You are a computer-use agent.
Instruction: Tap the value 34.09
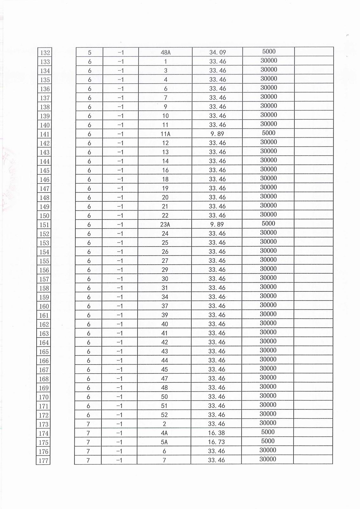[218, 52]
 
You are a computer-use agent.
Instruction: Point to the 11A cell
[165, 134]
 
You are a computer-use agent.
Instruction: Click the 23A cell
[165, 225]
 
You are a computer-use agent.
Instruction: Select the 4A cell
[164, 433]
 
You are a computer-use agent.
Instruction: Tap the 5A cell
[164, 442]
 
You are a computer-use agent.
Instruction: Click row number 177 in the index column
[44, 461]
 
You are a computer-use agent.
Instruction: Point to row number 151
[45, 225]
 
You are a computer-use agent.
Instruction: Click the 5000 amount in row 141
[269, 133]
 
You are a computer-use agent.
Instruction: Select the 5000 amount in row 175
[268, 441]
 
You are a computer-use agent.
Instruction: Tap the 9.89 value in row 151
[217, 224]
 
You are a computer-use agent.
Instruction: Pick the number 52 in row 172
[164, 415]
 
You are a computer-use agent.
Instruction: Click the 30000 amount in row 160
[268, 305]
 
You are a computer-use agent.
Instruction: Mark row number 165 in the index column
[44, 352]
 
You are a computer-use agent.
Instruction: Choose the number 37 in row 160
[165, 306]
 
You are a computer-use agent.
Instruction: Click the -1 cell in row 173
[120, 424]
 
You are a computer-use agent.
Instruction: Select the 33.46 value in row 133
[218, 61]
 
